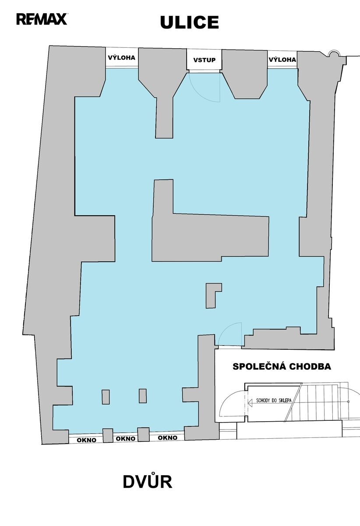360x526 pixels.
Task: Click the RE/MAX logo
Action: [x=42, y=19]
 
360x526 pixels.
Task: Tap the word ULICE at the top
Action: [x=189, y=22]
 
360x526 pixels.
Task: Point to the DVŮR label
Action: [x=148, y=482]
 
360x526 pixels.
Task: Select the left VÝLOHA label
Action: [x=122, y=57]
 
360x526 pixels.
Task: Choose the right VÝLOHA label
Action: [x=282, y=60]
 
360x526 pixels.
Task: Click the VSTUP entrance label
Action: [x=205, y=60]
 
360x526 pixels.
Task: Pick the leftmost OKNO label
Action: [x=86, y=440]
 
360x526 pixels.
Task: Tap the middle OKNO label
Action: [x=126, y=439]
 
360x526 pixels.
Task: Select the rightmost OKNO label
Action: [x=168, y=438]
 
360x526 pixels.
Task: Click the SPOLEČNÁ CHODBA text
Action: [x=282, y=366]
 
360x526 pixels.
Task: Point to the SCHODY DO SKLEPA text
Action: [x=274, y=400]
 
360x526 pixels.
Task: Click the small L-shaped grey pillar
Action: [x=212, y=295]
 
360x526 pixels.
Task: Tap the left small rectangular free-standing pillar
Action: [x=106, y=397]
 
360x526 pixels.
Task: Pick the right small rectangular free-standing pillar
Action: [x=143, y=396]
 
